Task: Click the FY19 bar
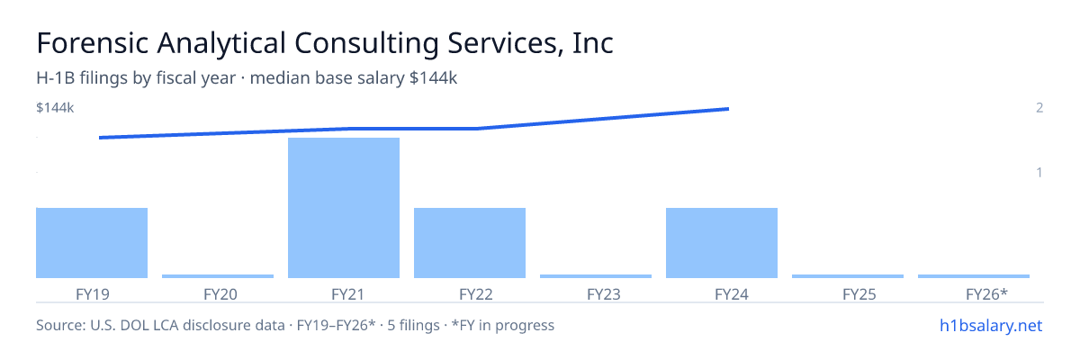pos(92,243)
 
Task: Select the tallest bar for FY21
pos(344,208)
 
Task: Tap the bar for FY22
pos(470,243)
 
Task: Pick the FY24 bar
pos(722,243)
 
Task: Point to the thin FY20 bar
pos(218,276)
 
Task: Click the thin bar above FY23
pos(596,276)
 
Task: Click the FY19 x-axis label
pos(93,294)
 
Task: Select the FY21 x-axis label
pos(347,294)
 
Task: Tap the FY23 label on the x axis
pos(604,294)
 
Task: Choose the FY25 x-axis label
pos(859,294)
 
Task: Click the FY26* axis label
pos(987,294)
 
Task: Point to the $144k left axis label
pos(55,107)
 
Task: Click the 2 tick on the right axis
pos(1039,107)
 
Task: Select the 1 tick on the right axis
pos(1039,172)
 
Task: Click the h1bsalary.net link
pos(991,325)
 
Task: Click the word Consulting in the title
pos(366,43)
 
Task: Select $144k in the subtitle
pos(433,77)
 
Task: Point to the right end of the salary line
pos(728,109)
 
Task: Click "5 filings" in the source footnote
pos(413,325)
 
